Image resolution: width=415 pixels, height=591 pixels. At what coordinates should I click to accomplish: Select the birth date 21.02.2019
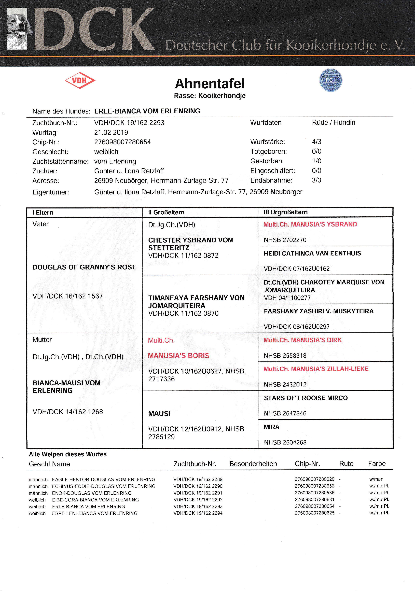[x=111, y=133]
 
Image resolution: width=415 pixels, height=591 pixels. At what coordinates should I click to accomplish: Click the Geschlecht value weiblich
[x=106, y=152]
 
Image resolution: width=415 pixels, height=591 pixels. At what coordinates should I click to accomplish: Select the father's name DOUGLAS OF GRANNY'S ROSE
[x=84, y=267]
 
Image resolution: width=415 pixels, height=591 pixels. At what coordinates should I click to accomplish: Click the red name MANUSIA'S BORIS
[x=178, y=356]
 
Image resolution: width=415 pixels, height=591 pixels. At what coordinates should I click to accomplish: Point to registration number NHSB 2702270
[x=285, y=240]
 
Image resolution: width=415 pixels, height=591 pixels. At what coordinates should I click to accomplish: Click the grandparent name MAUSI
[x=159, y=414]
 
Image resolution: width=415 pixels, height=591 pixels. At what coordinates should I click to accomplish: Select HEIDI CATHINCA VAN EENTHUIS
[x=312, y=253]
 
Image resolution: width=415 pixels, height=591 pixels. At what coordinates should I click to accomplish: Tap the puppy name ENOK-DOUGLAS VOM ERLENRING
[x=92, y=493]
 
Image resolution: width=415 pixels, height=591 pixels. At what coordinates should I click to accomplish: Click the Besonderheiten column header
[x=253, y=464]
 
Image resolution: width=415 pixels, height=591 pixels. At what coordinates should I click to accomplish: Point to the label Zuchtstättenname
[x=60, y=162]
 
